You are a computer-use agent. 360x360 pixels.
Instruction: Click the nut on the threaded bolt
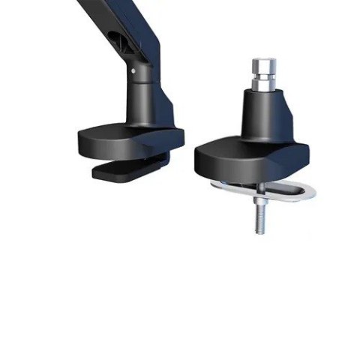258,193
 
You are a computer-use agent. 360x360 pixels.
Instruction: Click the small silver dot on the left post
134,72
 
